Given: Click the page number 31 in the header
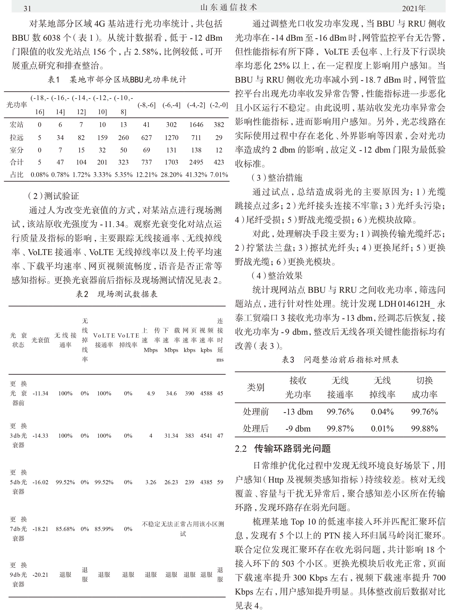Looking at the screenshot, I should [x=27, y=9].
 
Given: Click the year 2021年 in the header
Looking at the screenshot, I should [x=414, y=9].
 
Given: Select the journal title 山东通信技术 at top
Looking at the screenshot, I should [x=229, y=8].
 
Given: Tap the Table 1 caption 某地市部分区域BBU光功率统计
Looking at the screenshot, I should [x=117, y=80].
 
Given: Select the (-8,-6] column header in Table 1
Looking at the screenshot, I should [x=146, y=105].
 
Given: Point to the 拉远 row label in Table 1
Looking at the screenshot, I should [x=17, y=138].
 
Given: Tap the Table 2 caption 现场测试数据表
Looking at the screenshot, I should [x=117, y=294].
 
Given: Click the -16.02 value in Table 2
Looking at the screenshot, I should [x=40, y=482].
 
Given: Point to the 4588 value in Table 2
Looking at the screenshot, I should [x=206, y=394].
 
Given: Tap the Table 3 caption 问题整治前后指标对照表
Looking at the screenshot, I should [x=340, y=360].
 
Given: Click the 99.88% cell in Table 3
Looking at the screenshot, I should [x=425, y=429].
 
